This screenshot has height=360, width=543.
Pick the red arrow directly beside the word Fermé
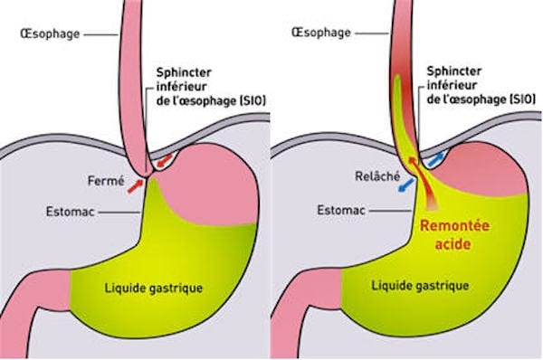pyautogui.click(x=134, y=186)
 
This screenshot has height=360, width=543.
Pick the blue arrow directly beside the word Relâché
pyautogui.click(x=404, y=184)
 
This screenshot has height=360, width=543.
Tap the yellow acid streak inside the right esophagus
pyautogui.click(x=400, y=99)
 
